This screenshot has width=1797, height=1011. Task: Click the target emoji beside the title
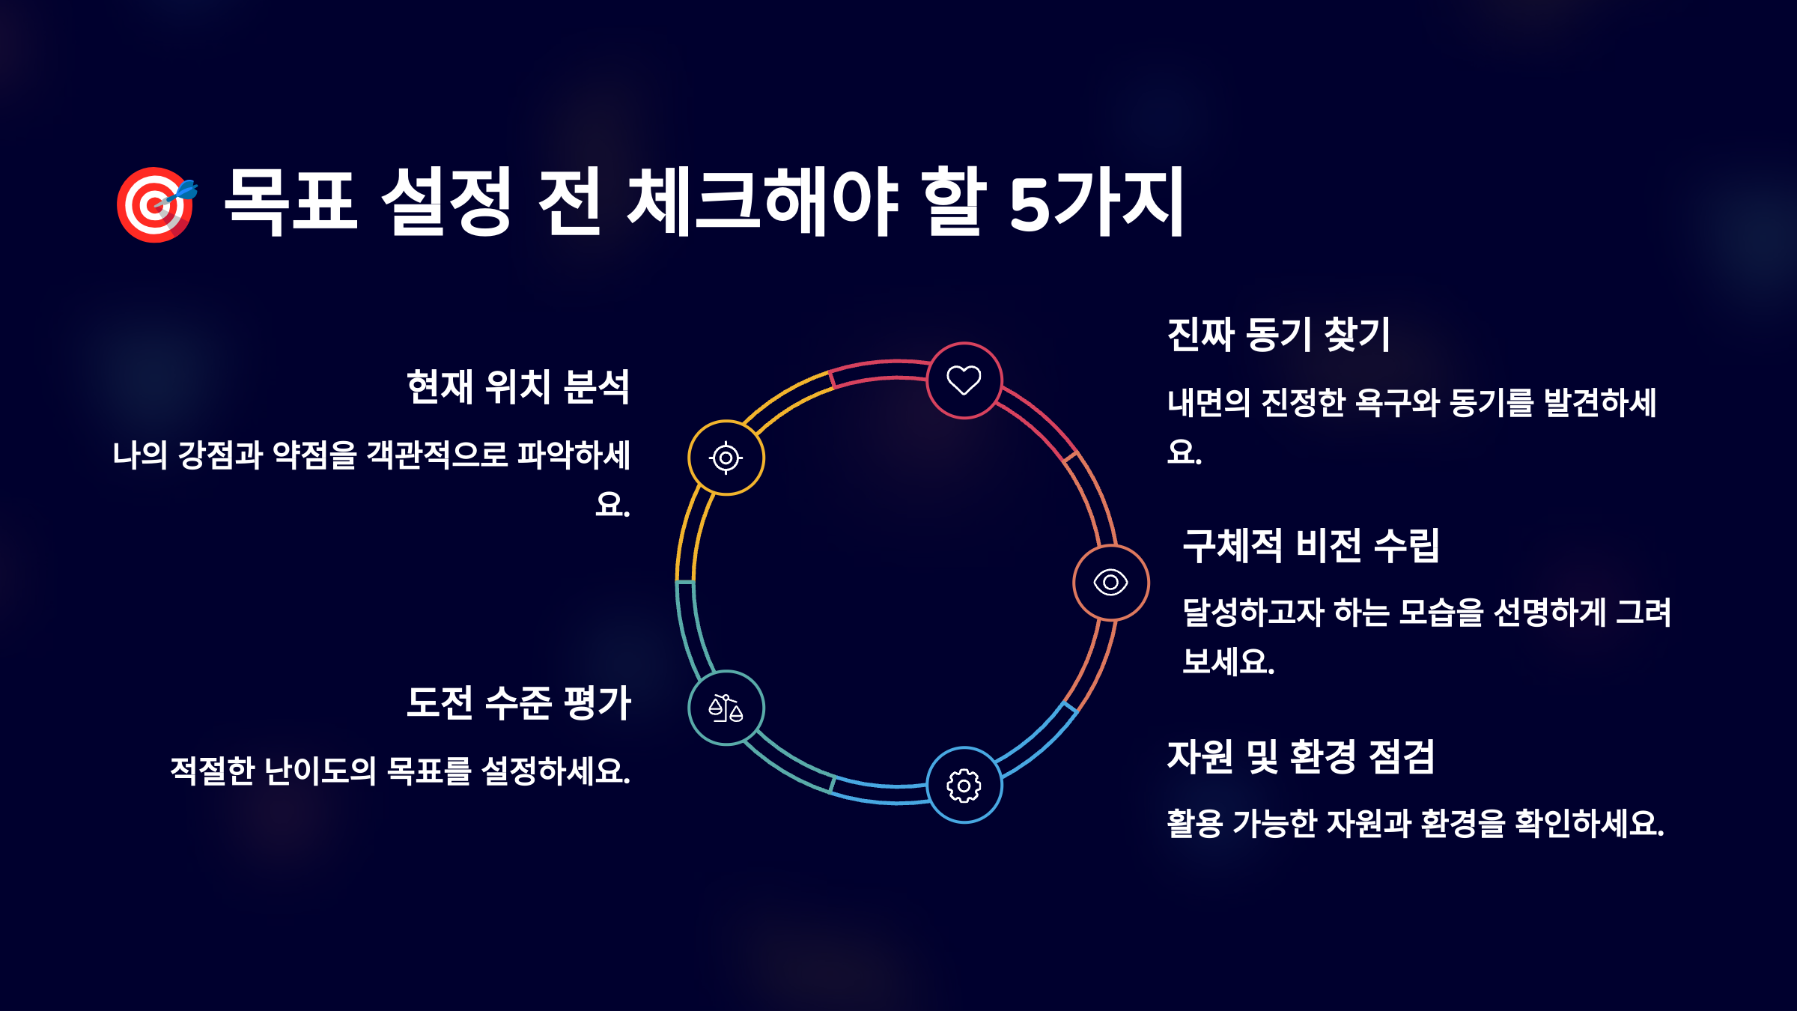click(x=156, y=204)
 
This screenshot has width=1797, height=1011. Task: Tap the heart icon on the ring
click(x=964, y=380)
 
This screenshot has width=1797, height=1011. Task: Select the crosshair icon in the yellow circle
click(x=726, y=458)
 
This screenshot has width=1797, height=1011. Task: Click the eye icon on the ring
click(x=1110, y=582)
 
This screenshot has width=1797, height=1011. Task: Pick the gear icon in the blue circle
click(x=964, y=786)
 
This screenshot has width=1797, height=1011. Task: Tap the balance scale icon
click(x=726, y=708)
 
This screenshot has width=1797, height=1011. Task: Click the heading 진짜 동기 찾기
click(x=1278, y=334)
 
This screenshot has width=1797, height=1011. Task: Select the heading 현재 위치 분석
click(x=518, y=387)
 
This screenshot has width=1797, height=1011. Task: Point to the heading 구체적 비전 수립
click(x=1310, y=545)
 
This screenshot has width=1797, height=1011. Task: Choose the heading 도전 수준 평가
click(x=519, y=703)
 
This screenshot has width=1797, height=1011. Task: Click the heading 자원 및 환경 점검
click(x=1301, y=756)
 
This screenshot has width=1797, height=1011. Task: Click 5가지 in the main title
click(x=1096, y=202)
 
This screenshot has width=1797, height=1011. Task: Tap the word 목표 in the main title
click(x=291, y=202)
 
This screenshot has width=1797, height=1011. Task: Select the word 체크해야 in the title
click(x=762, y=202)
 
